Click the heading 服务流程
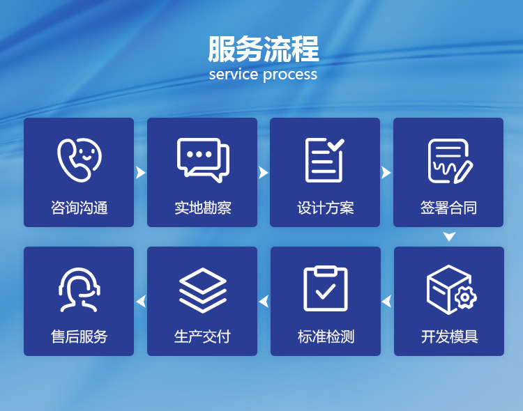point(263,49)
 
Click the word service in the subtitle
point(233,75)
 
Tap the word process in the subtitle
point(289,75)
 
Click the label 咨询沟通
point(79,208)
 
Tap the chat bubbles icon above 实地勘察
point(202,160)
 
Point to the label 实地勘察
point(202,208)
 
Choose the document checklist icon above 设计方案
point(325,160)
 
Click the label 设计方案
point(325,208)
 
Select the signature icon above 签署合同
point(449,161)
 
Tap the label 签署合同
point(448,208)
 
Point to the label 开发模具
point(449,336)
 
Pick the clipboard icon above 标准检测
point(325,288)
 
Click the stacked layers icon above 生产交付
point(202,290)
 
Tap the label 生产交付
point(202,336)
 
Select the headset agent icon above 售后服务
point(79,290)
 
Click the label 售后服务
point(79,336)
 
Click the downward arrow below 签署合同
point(449,237)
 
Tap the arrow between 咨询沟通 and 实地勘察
point(140,172)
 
